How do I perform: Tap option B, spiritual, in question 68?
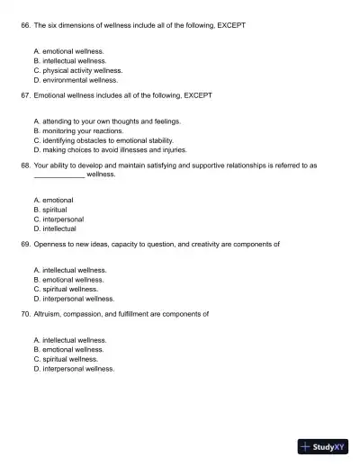click(55, 210)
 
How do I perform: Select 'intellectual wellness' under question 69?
click(74, 270)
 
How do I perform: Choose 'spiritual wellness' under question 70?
click(70, 359)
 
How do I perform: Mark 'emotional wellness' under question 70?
click(74, 350)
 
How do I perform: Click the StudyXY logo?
click(323, 446)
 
